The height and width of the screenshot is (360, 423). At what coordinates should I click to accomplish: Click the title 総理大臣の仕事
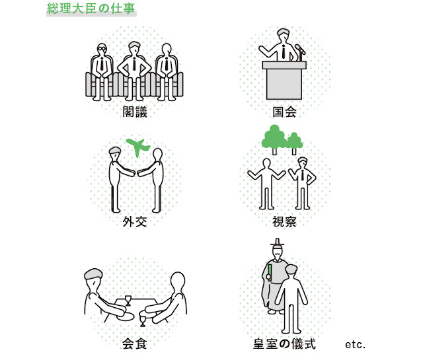(x=91, y=10)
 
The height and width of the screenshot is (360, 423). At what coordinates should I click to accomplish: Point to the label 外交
(x=134, y=221)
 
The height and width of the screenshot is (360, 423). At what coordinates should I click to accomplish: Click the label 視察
(x=284, y=221)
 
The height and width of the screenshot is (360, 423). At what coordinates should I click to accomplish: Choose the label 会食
(x=134, y=344)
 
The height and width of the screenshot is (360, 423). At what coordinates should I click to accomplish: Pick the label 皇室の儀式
(x=286, y=344)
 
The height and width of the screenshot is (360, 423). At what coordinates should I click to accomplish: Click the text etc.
(x=355, y=345)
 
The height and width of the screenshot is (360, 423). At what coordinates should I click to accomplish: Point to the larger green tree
(x=273, y=137)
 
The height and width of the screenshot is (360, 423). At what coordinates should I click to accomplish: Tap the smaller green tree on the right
(x=294, y=141)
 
